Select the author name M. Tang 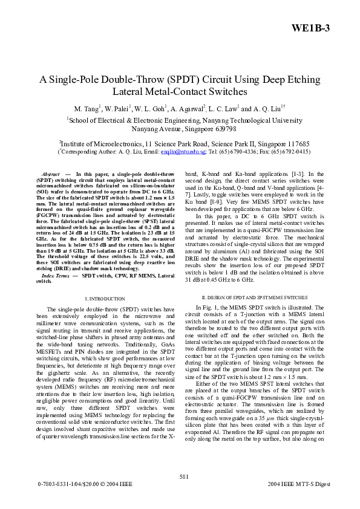86,109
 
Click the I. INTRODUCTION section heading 105,298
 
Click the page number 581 180,476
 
